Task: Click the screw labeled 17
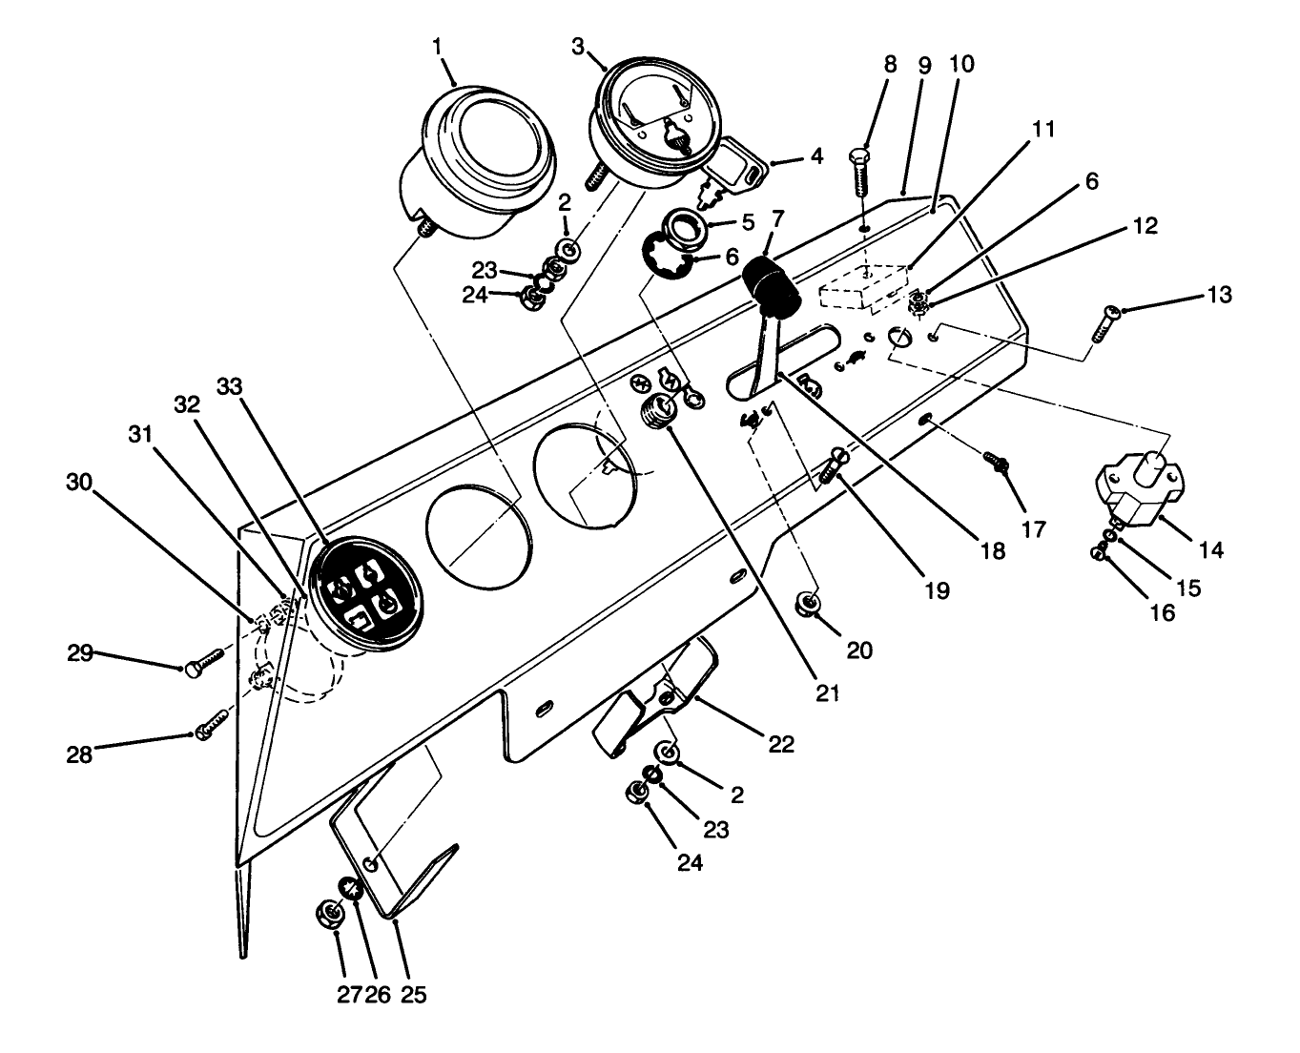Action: pos(997,464)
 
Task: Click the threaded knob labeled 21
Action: pos(655,416)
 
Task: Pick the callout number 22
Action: pos(781,744)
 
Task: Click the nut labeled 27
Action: pos(330,914)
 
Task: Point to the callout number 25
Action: pos(412,994)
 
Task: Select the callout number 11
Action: pos(1043,129)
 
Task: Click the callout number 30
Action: pos(80,483)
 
